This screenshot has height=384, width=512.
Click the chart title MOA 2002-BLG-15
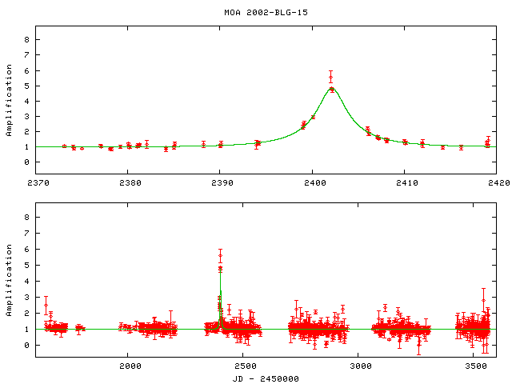255,13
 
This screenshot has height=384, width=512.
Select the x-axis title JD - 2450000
266,377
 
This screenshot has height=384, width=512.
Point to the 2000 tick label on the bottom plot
130,365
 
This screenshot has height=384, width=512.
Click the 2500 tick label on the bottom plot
246,365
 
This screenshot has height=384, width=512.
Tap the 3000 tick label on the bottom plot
361,365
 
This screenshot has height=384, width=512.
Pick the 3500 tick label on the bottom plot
477,365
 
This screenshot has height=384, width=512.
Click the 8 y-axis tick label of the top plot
26,39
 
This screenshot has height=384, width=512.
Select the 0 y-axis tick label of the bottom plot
26,345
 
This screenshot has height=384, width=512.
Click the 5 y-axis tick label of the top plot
26,86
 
